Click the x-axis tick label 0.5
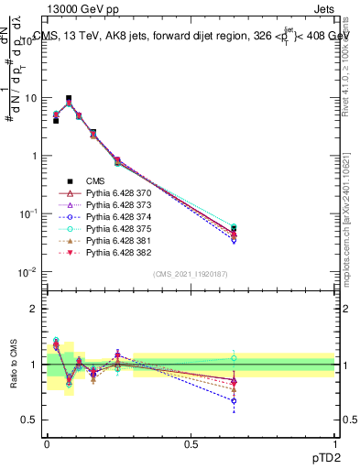tap(191, 444)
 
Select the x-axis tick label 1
tap(334, 444)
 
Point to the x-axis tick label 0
tap(47, 444)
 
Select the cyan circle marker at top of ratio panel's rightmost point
tap(234, 358)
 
